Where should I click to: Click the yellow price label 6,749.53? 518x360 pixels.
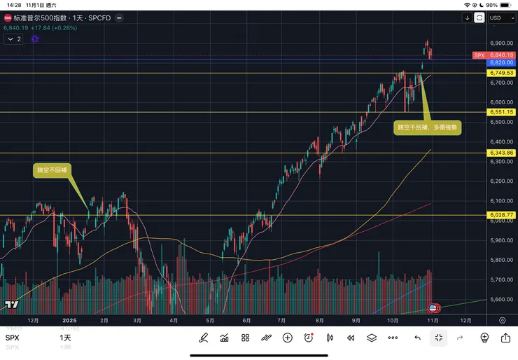(x=502, y=73)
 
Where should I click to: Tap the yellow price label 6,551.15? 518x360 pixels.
(x=502, y=112)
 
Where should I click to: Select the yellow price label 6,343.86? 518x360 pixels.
(x=502, y=153)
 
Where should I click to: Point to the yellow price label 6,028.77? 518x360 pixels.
(x=502, y=215)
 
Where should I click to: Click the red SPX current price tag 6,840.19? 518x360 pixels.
(x=502, y=55)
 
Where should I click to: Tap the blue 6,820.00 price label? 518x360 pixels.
(x=502, y=62)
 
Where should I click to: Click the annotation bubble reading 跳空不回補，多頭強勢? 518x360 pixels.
(x=428, y=127)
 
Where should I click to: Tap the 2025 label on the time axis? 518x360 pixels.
(x=69, y=320)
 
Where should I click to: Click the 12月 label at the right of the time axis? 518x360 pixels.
(x=465, y=320)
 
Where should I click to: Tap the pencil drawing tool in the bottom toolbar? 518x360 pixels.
(x=204, y=338)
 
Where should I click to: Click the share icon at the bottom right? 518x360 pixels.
(x=505, y=338)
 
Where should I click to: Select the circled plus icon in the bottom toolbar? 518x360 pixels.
(x=287, y=338)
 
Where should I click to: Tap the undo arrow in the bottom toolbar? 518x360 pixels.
(x=417, y=338)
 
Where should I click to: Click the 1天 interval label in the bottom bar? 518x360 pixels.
(x=65, y=338)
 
